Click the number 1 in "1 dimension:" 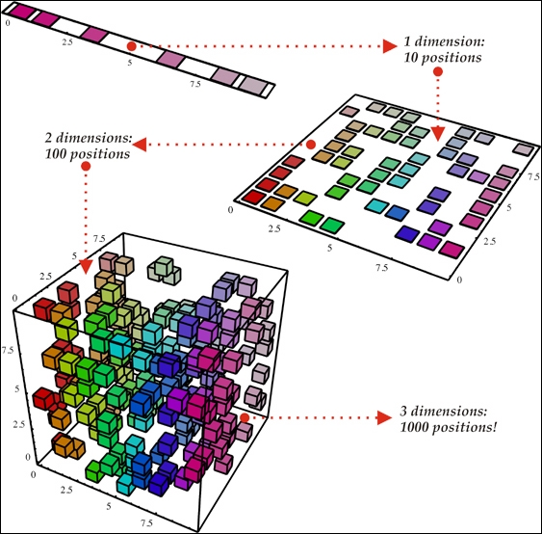pyautogui.click(x=407, y=41)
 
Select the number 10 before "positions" pyautogui.click(x=411, y=58)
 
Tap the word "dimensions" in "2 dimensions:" pyautogui.click(x=94, y=138)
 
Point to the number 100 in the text pyautogui.click(x=56, y=154)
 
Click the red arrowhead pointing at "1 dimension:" pyautogui.click(x=390, y=46)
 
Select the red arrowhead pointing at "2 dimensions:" pyautogui.click(x=140, y=145)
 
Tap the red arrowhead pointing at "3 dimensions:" pyautogui.click(x=384, y=417)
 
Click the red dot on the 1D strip pyautogui.click(x=131, y=46)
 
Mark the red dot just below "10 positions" pyautogui.click(x=438, y=71)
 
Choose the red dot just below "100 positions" pyautogui.click(x=86, y=167)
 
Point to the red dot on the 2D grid pyautogui.click(x=311, y=145)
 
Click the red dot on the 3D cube pyautogui.click(x=245, y=417)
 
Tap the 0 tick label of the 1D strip pyautogui.click(x=8, y=23)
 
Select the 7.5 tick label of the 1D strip pyautogui.click(x=195, y=84)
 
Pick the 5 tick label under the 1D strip pyautogui.click(x=130, y=63)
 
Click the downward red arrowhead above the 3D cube pyautogui.click(x=86, y=266)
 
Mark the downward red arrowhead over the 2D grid pyautogui.click(x=438, y=134)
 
